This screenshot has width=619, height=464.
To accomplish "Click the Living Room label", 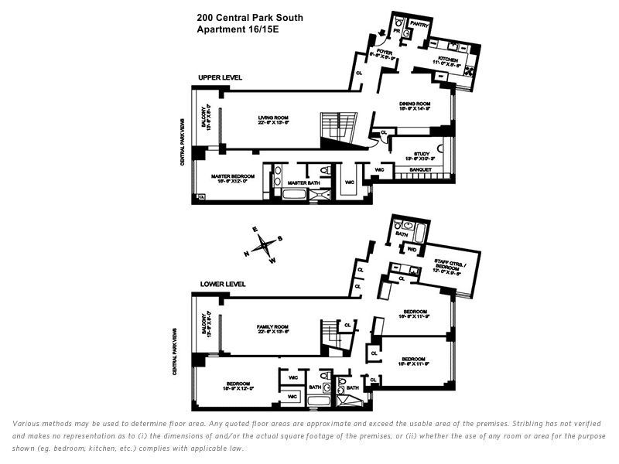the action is coord(272,118).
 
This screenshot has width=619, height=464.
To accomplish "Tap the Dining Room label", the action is coord(413,104).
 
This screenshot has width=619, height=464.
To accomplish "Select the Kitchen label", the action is coord(449,59).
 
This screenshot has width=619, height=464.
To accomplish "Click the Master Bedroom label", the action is coord(227,176).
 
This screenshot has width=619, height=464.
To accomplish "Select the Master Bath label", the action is coord(298,183).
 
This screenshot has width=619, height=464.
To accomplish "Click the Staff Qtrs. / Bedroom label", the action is coord(447,266).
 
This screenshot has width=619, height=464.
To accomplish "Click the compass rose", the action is coord(264,244).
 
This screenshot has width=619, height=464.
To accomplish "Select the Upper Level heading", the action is coord(220,77).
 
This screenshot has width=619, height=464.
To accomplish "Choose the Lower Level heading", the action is coord(222,284).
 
